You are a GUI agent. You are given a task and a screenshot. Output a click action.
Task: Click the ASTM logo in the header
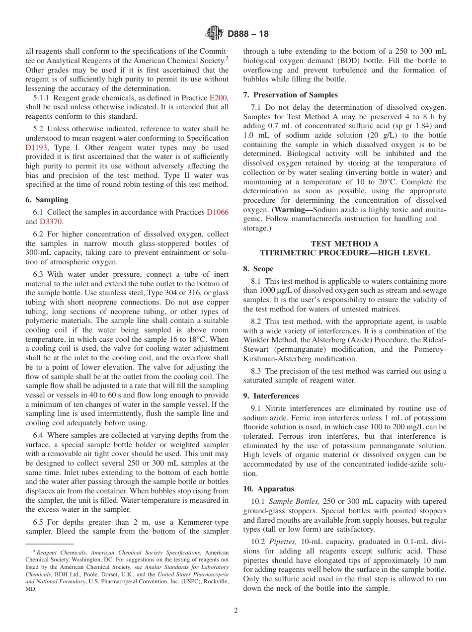click(x=215, y=34)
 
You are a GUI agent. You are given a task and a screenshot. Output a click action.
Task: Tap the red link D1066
click(x=218, y=212)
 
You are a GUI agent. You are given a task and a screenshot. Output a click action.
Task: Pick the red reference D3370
click(x=51, y=222)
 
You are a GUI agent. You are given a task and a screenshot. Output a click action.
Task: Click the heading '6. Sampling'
click(x=47, y=200)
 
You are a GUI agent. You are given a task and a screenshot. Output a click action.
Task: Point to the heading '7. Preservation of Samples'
click(x=290, y=95)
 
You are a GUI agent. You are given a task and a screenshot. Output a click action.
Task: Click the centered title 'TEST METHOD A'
click(x=344, y=243)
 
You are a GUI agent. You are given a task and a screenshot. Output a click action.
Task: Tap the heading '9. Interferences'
click(x=271, y=396)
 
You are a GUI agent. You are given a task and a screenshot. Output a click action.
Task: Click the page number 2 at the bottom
click(x=236, y=611)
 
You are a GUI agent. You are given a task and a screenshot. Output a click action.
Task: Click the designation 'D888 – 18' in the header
click(x=248, y=34)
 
